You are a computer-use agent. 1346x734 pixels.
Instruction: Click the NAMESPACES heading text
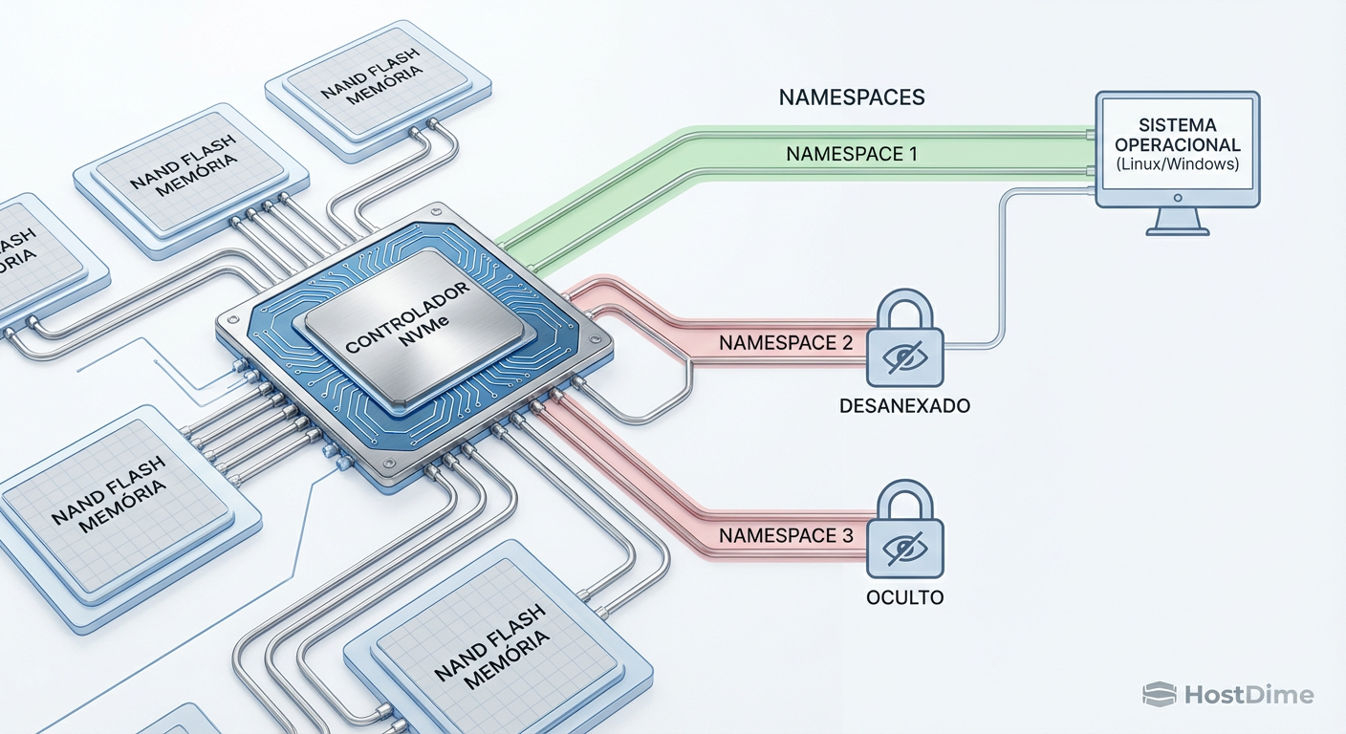852,97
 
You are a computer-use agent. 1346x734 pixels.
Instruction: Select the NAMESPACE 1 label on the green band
852,153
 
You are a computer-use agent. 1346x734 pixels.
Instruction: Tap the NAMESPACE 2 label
786,342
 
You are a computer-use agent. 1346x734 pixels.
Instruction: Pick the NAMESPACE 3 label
786,536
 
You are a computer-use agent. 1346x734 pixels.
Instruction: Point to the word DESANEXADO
904,406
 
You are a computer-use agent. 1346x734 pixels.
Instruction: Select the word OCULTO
904,597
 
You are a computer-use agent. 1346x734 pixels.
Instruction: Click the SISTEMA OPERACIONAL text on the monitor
1177,136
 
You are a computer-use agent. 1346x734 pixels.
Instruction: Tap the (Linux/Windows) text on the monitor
1177,164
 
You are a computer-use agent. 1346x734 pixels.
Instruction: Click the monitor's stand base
1177,227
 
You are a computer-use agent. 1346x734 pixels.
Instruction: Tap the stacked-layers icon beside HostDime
1159,695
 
